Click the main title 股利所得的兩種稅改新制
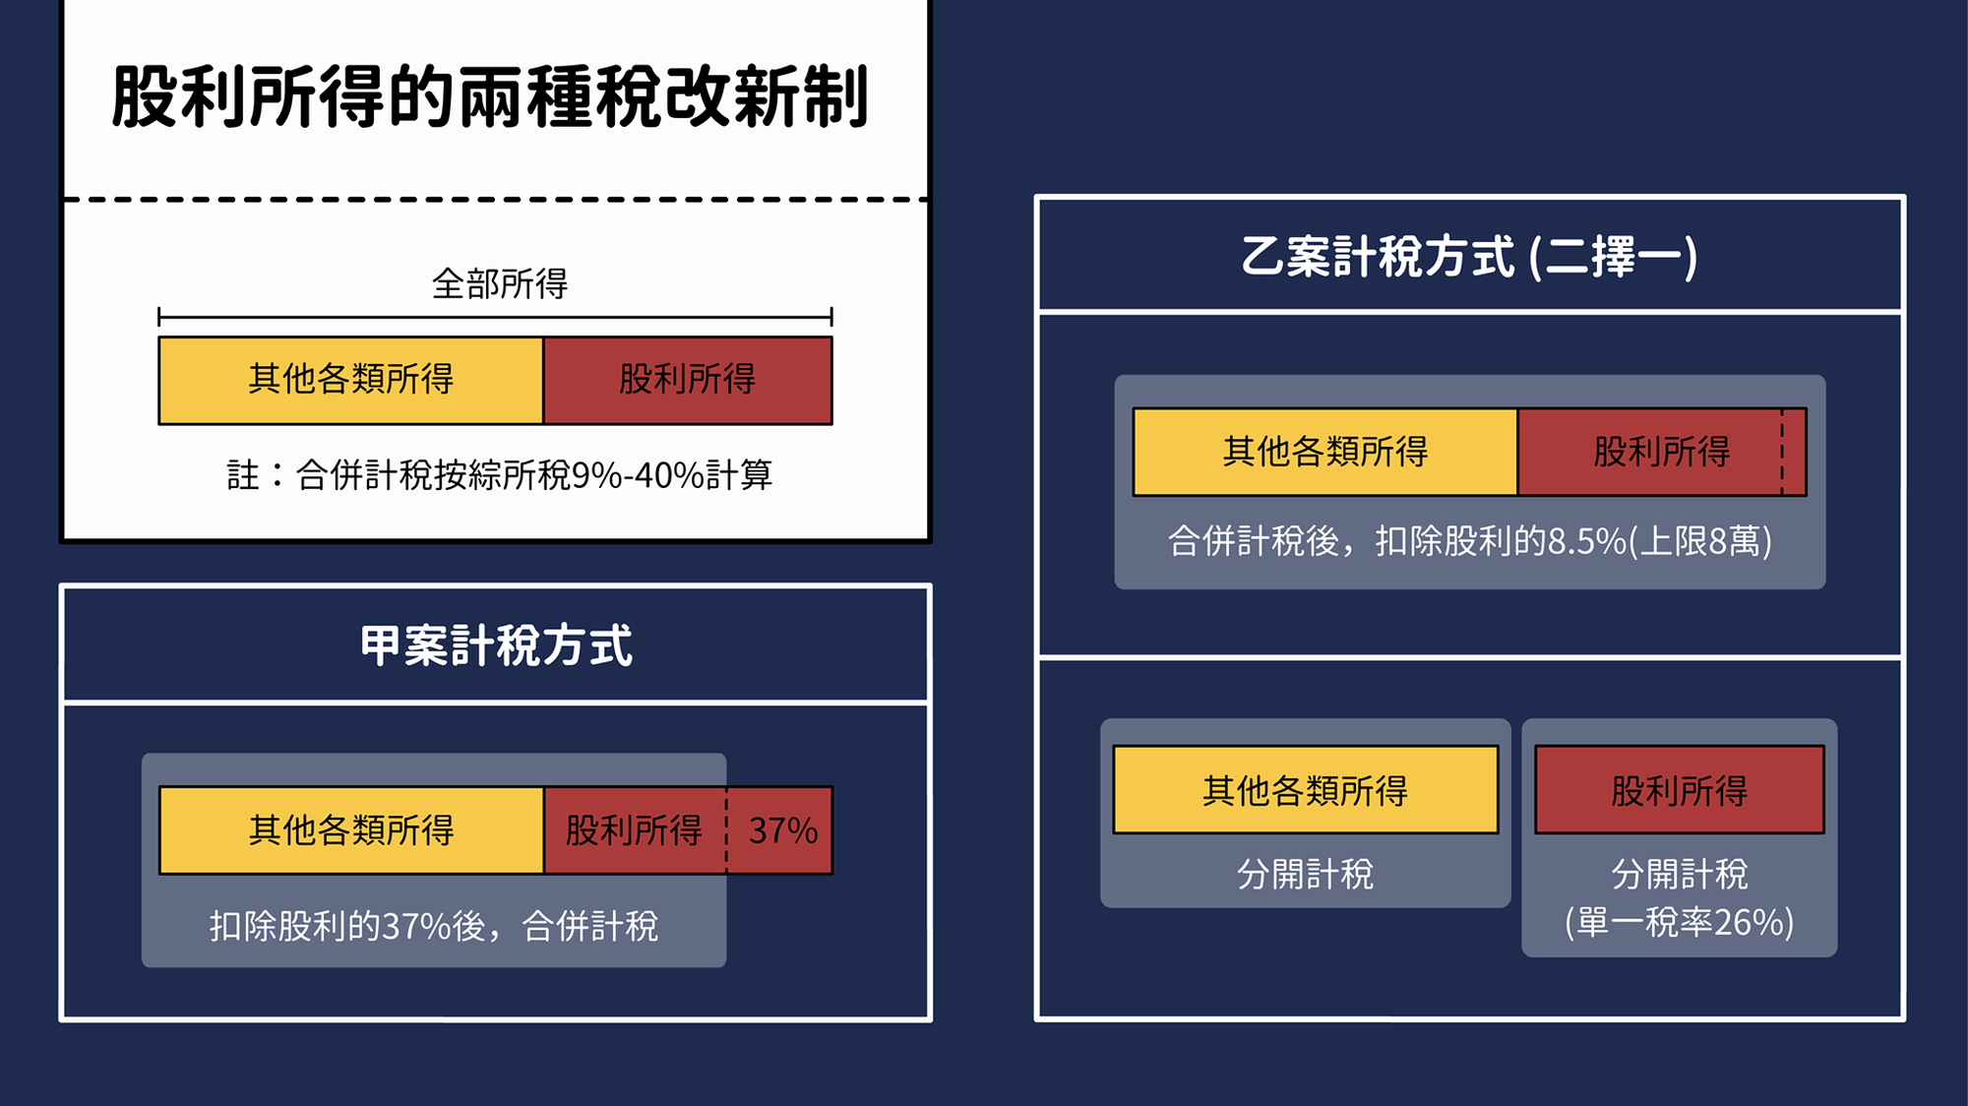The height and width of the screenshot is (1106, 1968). (x=490, y=96)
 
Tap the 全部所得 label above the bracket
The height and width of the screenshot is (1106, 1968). (x=500, y=284)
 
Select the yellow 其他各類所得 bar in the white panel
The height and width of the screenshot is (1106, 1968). (x=351, y=381)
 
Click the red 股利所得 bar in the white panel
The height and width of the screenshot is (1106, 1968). (x=688, y=381)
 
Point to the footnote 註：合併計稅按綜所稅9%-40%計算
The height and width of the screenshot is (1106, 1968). (x=500, y=475)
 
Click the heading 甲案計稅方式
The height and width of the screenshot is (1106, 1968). (x=496, y=646)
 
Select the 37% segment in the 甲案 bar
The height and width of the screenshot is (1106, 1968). (x=780, y=830)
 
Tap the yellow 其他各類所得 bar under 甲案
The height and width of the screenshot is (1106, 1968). (x=351, y=830)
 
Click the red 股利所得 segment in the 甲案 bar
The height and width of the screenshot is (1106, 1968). (x=636, y=830)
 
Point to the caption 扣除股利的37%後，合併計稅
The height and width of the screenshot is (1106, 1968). (x=434, y=926)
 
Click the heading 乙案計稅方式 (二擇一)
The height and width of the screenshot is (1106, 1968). (x=1469, y=257)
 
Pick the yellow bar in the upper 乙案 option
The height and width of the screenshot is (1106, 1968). (x=1325, y=452)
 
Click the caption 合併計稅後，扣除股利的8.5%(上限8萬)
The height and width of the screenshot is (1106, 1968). (x=1470, y=541)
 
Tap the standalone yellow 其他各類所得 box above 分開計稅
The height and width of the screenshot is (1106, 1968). (x=1306, y=790)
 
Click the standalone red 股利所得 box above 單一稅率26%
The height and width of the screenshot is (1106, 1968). (x=1680, y=790)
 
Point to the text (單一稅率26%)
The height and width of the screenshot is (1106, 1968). (x=1680, y=923)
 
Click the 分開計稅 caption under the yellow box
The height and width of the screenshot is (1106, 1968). (x=1305, y=874)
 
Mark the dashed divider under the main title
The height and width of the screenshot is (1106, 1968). (x=496, y=199)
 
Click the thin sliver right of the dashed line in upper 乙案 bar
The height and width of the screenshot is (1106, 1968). (x=1795, y=452)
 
